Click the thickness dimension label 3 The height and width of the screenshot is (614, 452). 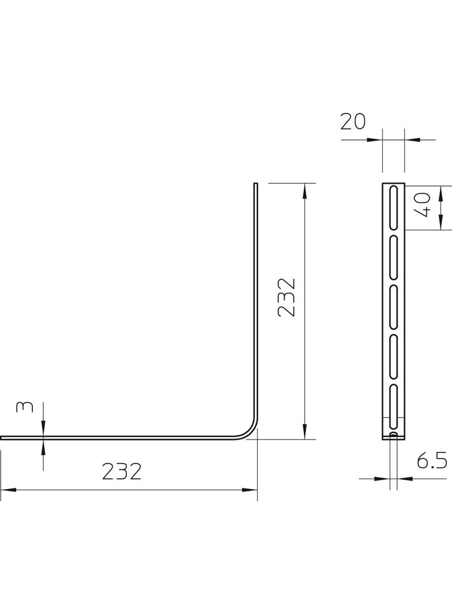[x=24, y=407]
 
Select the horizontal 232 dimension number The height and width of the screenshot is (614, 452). [x=122, y=472]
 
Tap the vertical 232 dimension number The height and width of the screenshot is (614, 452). [x=286, y=297]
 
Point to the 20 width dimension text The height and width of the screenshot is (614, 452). [x=353, y=122]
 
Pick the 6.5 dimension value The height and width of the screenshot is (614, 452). [x=432, y=462]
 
